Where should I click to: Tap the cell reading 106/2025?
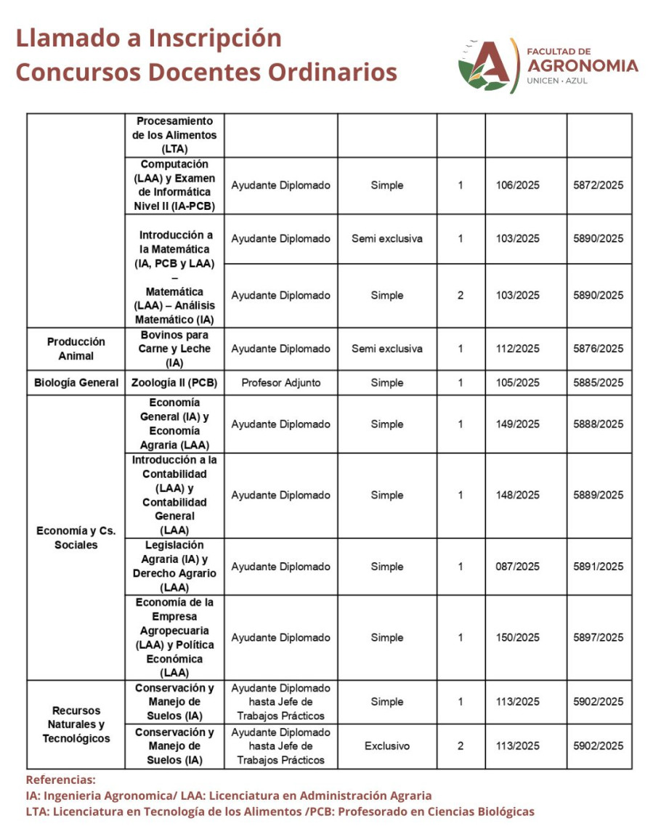(519, 185)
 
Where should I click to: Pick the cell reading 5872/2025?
(599, 185)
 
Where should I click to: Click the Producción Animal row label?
(76, 349)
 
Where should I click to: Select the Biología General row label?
(76, 383)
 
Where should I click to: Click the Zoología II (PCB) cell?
(174, 383)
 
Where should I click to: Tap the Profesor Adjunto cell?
(280, 383)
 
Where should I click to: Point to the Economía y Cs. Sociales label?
(76, 538)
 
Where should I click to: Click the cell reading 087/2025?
(519, 567)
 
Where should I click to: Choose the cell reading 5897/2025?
(599, 638)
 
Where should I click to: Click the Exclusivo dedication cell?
(386, 746)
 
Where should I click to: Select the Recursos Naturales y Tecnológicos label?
(76, 724)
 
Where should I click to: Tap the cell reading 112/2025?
(519, 349)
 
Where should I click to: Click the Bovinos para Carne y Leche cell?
(174, 349)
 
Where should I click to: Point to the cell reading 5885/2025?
(599, 383)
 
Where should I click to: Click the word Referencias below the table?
(60, 780)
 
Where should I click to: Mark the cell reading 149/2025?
(519, 424)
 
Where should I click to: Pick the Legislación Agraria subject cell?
(174, 567)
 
